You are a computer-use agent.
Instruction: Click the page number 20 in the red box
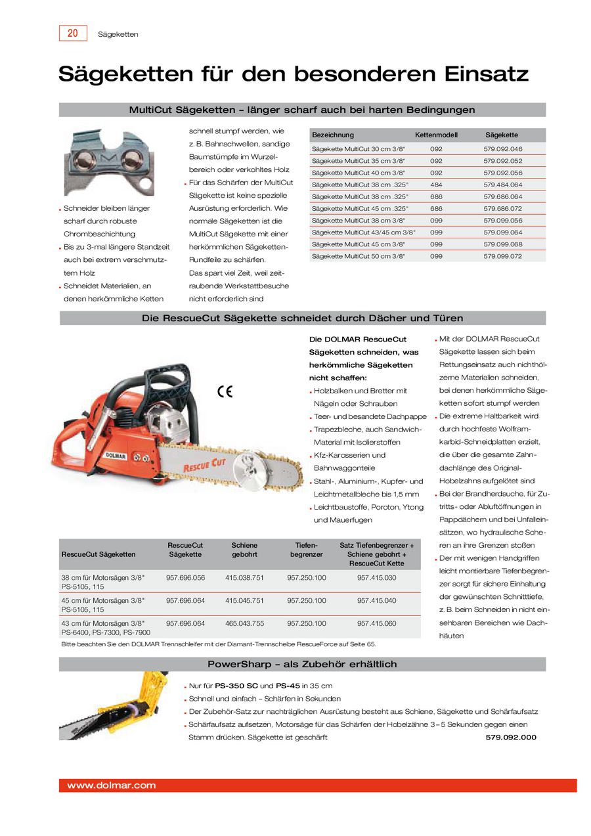73,33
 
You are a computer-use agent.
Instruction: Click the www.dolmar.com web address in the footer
111,785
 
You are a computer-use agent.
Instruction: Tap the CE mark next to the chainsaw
225,392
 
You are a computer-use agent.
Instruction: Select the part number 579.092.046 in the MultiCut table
502,149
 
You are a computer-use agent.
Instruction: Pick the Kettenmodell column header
436,135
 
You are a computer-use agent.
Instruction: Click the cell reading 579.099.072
502,256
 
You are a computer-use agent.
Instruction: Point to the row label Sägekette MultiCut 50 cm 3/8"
359,256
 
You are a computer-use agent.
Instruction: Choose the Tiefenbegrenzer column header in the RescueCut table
306,550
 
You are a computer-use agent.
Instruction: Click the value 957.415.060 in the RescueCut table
376,623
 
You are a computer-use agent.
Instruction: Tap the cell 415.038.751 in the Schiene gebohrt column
244,577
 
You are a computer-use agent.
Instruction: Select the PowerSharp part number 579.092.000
511,737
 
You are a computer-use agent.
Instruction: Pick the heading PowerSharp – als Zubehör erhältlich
302,664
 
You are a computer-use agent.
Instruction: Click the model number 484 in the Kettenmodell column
436,185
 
